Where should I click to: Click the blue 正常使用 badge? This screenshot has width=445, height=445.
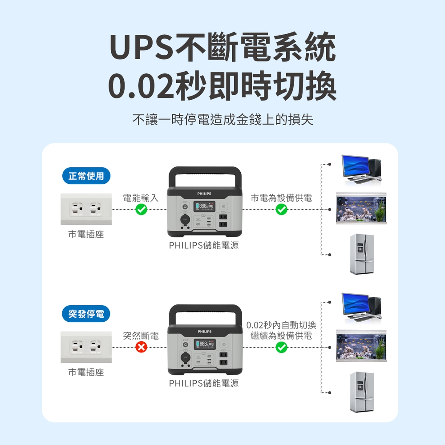pyautogui.click(x=86, y=176)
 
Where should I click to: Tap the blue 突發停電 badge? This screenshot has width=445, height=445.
pyautogui.click(x=86, y=314)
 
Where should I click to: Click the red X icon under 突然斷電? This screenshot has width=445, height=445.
pyautogui.click(x=141, y=348)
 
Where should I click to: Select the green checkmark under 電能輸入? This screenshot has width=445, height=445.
pyautogui.click(x=141, y=210)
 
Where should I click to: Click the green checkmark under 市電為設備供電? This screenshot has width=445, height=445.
pyautogui.click(x=281, y=210)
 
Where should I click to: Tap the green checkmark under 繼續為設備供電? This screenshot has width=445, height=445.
pyautogui.click(x=281, y=348)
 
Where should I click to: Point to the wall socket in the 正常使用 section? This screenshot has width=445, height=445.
pyautogui.click(x=86, y=209)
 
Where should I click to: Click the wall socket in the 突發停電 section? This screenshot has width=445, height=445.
pyautogui.click(x=86, y=347)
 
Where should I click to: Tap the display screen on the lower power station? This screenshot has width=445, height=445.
pyautogui.click(x=204, y=344)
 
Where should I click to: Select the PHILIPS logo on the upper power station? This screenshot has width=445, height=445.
pyautogui.click(x=205, y=194)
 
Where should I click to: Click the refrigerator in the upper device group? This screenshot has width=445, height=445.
pyautogui.click(x=362, y=254)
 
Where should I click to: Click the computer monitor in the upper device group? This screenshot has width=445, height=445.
pyautogui.click(x=355, y=166)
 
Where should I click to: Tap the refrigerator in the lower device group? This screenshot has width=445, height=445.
pyautogui.click(x=362, y=392)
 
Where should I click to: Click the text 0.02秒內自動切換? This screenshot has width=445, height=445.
pyautogui.click(x=281, y=325)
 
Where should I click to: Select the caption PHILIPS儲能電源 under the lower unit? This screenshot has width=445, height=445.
pyautogui.click(x=204, y=383)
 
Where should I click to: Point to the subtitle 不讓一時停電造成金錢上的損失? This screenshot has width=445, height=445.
pyautogui.click(x=222, y=120)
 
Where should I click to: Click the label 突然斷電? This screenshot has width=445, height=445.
pyautogui.click(x=141, y=336)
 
